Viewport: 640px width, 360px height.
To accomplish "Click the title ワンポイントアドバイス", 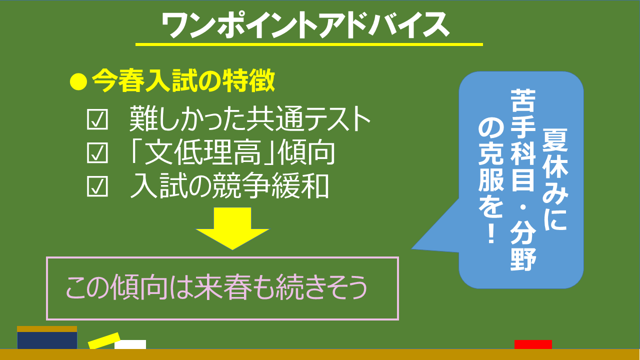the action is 305,25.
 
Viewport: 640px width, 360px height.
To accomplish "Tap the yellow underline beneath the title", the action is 309,44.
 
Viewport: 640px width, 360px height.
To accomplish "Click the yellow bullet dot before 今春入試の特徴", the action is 78,81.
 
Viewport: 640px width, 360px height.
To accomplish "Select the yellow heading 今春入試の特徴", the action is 183,81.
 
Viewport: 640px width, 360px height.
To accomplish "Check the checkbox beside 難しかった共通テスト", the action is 97,119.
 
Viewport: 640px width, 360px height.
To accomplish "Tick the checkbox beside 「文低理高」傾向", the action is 97,153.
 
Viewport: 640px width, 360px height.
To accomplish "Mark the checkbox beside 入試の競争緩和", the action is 97,186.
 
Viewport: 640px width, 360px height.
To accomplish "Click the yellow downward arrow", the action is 232,228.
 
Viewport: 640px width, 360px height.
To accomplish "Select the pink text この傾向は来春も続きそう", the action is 216,287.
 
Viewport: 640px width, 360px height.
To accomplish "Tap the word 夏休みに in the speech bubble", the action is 555,179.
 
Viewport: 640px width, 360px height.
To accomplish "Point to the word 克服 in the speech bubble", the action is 491,170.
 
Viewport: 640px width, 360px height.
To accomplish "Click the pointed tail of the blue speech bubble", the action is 412,249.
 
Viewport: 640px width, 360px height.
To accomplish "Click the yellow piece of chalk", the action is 104,340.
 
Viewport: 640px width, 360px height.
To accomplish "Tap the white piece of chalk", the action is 130,344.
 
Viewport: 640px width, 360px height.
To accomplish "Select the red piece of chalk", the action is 533,344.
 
